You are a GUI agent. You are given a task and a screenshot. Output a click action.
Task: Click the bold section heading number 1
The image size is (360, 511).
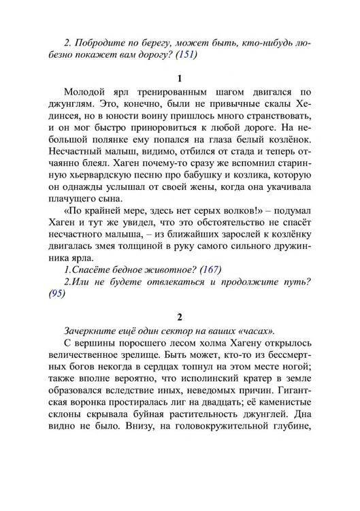tap(180, 78)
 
